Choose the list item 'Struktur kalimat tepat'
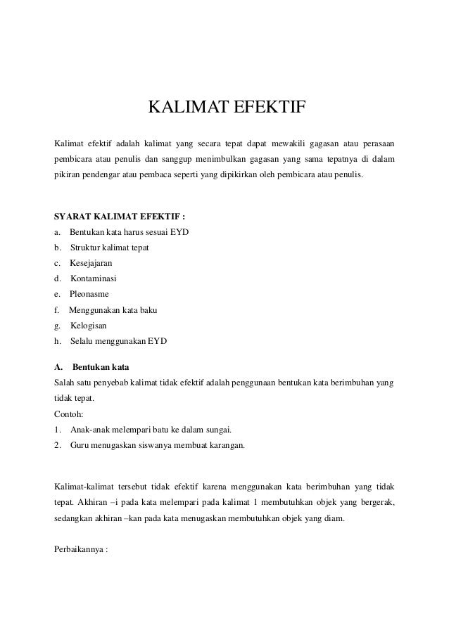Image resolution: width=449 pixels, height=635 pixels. point(109,248)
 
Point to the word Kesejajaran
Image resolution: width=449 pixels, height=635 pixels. point(91,263)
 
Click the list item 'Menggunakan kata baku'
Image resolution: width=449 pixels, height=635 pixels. point(113,310)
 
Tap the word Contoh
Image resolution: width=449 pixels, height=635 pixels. point(68,414)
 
